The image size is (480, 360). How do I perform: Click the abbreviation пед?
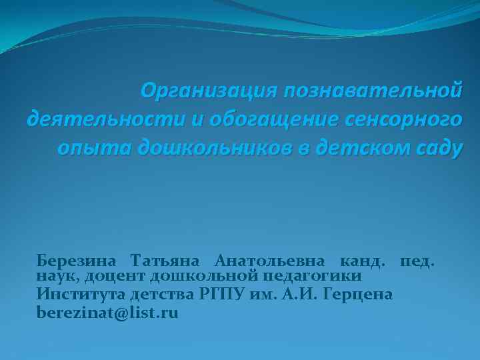point(417,259)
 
